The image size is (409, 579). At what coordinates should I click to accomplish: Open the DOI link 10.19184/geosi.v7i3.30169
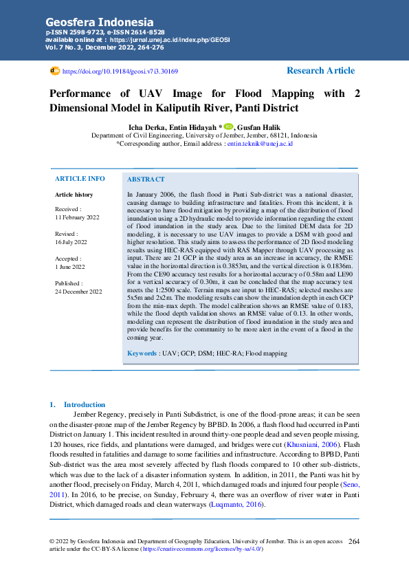120,71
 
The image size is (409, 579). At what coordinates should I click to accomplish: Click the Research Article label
320,71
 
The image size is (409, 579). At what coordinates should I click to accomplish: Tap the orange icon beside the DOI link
55,71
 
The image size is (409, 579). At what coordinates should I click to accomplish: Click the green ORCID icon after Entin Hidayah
228,127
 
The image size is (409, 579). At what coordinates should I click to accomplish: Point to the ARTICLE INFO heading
80,179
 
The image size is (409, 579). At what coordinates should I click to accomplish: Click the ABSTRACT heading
146,179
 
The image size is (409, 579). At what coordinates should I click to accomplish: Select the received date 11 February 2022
77,217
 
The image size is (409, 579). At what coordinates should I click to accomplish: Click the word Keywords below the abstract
142,353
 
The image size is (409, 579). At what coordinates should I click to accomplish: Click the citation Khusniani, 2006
307,446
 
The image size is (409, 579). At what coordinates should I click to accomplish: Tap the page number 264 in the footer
354,542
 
